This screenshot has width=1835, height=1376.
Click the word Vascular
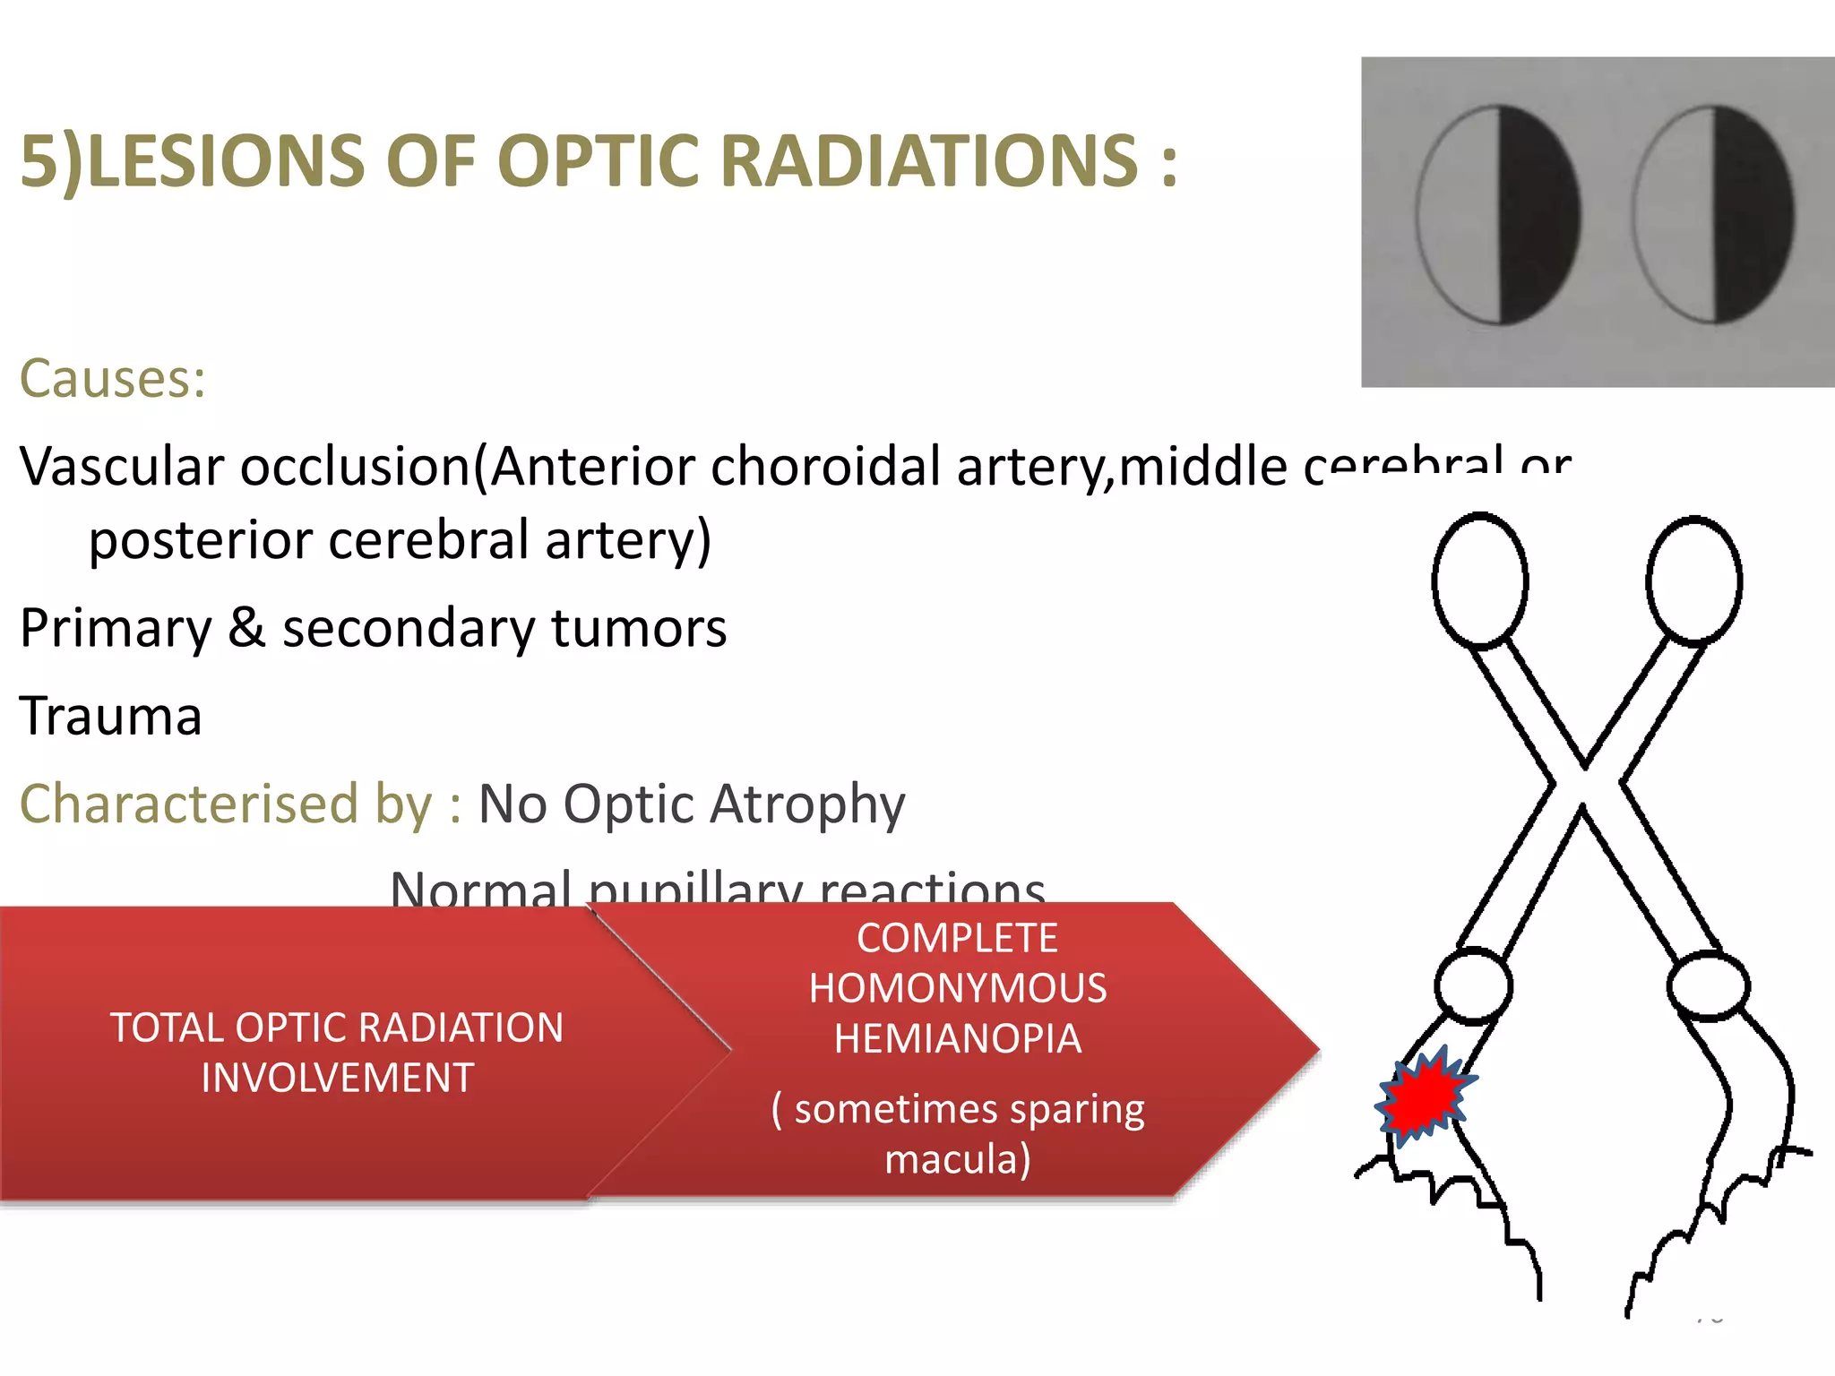click(x=122, y=467)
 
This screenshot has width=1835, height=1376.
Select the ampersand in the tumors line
click(x=246, y=628)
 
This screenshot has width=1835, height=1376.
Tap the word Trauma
click(x=111, y=716)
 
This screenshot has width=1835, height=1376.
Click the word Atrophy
click(x=807, y=805)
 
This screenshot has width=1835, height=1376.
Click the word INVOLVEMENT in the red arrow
click(x=337, y=1078)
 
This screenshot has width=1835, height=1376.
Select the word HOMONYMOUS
click(x=957, y=989)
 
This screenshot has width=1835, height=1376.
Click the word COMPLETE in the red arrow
click(x=957, y=939)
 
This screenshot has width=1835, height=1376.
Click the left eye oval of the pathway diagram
click(x=1480, y=580)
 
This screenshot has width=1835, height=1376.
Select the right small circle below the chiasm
click(x=1708, y=986)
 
